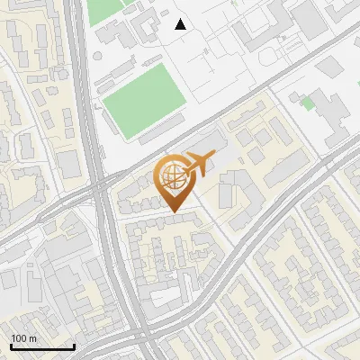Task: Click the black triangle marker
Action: click(x=181, y=23)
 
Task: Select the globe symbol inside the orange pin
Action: click(x=172, y=174)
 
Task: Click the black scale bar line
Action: click(x=42, y=346)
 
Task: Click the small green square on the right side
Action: click(x=308, y=104)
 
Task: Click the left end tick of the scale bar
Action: click(x=11, y=346)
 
